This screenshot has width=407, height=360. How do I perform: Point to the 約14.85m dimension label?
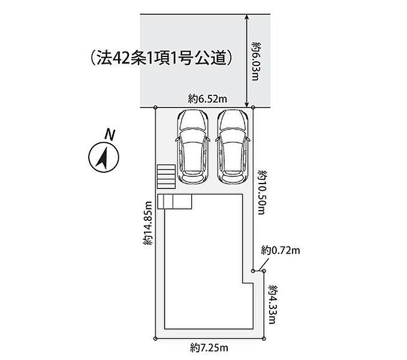tap(148, 224)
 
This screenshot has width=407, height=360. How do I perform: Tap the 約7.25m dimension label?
tap(210, 347)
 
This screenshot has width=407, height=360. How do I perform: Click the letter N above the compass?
tap(108, 134)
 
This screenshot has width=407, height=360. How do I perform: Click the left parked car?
tap(192, 147)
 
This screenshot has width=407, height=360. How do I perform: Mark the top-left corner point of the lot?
tap(156, 107)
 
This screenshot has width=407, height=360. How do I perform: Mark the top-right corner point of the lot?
tap(253, 107)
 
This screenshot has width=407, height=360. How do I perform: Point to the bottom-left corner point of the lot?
tap(156, 339)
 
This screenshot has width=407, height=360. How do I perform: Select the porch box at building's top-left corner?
tap(174, 201)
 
